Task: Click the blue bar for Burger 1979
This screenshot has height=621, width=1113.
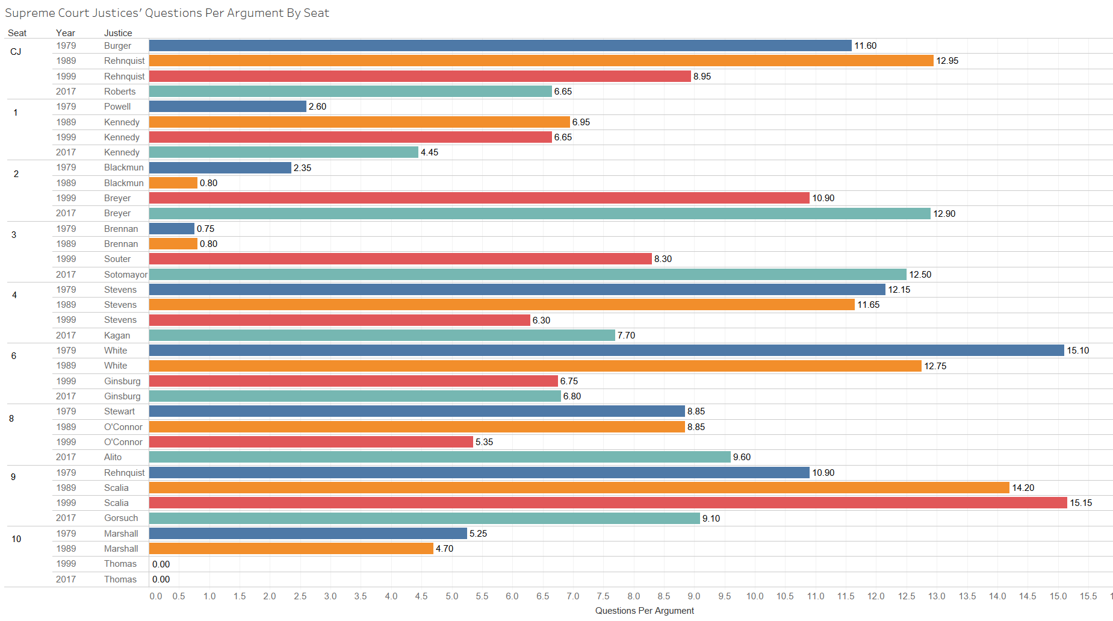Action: pos(500,46)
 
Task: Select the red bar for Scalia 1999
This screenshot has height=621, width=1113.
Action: pos(608,503)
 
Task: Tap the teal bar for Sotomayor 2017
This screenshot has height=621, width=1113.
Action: pos(527,275)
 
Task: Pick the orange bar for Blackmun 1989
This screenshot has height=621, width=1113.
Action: pos(173,183)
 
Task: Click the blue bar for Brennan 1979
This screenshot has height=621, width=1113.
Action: pos(172,229)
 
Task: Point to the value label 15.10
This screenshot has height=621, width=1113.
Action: pos(1077,351)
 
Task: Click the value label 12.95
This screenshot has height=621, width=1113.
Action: pos(947,61)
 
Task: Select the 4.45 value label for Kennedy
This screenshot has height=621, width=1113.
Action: pos(429,152)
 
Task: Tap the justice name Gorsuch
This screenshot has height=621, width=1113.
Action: pos(121,518)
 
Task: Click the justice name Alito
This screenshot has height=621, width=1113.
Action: pos(113,457)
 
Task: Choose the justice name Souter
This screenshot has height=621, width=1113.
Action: pos(117,259)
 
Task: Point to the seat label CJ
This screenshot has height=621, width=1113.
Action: pos(16,52)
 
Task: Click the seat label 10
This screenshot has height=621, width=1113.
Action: pos(16,539)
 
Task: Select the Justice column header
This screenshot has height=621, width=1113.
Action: pos(118,33)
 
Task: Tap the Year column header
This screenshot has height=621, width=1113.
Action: pos(66,33)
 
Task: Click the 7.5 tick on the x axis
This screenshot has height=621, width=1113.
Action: pos(603,596)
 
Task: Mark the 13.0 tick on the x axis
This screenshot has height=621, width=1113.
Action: pos(937,596)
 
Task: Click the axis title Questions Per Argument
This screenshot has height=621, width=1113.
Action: pos(644,611)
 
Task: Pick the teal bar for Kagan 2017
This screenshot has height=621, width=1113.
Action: pos(382,335)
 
